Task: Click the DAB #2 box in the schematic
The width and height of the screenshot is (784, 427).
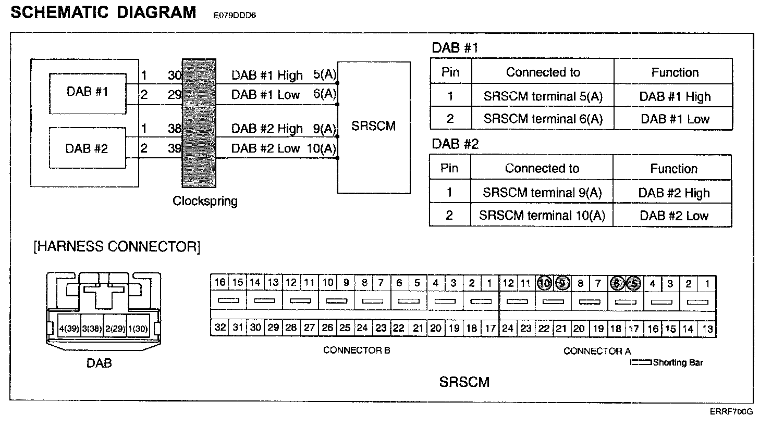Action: click(87, 148)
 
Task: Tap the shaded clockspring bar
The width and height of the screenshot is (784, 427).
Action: click(199, 123)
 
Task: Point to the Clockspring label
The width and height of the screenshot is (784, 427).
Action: click(205, 201)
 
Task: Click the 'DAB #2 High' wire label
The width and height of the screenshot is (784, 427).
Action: click(266, 128)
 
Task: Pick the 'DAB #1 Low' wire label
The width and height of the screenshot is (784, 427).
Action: click(265, 95)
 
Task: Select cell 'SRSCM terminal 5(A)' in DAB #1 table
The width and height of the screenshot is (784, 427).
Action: click(543, 96)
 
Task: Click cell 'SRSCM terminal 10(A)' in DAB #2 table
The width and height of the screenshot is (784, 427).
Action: click(542, 216)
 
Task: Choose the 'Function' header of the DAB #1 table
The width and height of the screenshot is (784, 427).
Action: click(675, 72)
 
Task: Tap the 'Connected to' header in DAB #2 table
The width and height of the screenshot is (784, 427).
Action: click(542, 168)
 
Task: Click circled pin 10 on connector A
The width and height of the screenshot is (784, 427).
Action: click(544, 283)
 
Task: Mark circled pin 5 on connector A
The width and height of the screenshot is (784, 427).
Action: click(634, 284)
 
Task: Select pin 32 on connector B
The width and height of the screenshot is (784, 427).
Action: click(220, 328)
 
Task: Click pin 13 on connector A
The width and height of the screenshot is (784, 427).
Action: click(707, 329)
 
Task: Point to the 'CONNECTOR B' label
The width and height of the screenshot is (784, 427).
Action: click(357, 350)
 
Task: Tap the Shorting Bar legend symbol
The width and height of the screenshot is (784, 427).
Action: click(641, 362)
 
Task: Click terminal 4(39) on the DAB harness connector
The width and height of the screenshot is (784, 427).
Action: click(69, 329)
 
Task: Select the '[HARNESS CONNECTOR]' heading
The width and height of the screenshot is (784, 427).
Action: click(117, 246)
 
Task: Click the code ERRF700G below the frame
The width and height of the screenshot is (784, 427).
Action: click(731, 411)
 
